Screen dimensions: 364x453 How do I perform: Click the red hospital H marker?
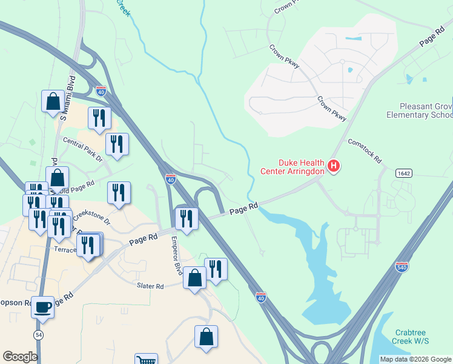coord(333,166)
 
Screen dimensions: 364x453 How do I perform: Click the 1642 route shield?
coord(404,174)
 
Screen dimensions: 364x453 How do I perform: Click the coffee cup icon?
coord(42,307)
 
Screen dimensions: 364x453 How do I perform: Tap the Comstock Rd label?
coord(365,151)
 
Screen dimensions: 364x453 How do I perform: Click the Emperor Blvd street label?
coord(177,254)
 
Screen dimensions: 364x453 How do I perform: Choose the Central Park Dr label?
coord(83,149)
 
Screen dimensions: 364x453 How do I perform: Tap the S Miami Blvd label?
coord(68,98)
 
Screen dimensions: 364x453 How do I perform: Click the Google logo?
coord(20,357)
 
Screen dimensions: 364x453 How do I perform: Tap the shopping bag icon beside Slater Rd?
coord(194,278)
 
